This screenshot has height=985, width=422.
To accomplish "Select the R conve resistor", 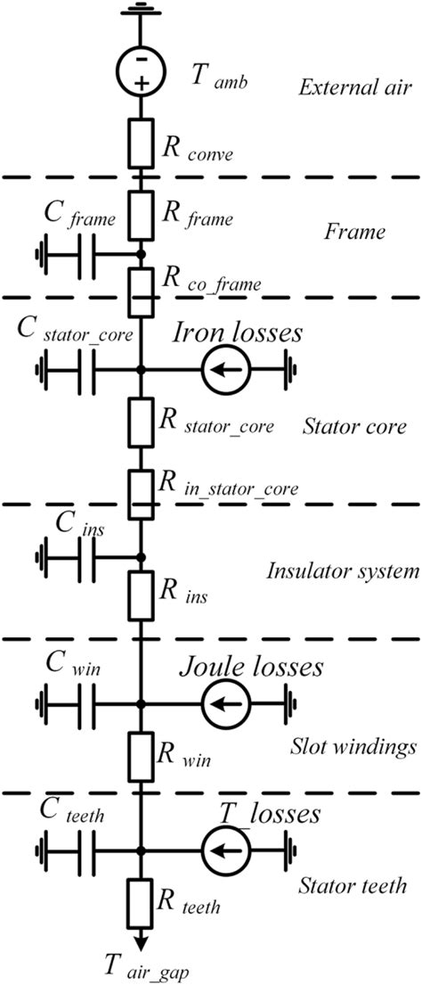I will point(141,142).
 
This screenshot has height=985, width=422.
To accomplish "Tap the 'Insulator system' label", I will point(343,570).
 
